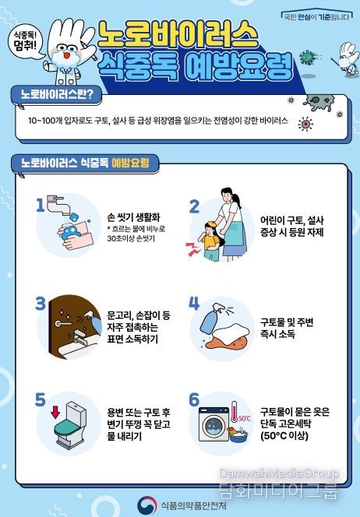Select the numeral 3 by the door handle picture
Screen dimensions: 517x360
[x=41, y=303]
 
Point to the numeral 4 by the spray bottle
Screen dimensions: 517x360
[x=195, y=303]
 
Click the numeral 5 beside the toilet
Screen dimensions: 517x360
[x=41, y=399]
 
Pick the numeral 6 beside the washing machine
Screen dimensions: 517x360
[x=195, y=400]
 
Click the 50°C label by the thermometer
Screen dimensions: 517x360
[x=244, y=418]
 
